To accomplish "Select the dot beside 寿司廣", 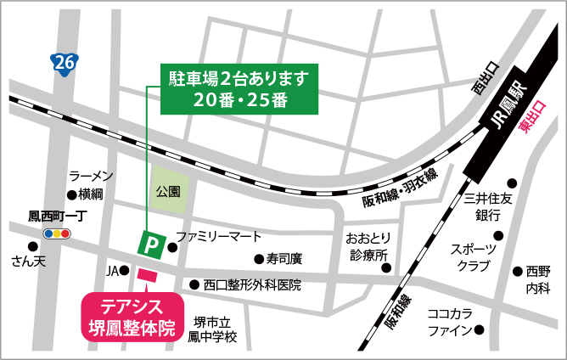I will point(258,259).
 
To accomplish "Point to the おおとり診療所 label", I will point(367,246).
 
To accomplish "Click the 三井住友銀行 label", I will point(491,206).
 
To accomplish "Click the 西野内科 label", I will point(537,279).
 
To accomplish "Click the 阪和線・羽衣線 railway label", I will point(399,188).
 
